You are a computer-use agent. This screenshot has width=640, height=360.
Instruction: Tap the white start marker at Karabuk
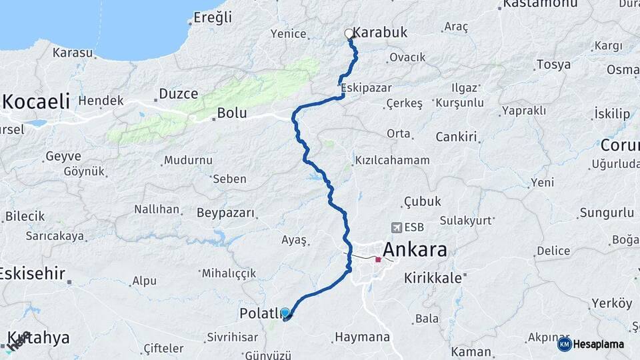(349, 33)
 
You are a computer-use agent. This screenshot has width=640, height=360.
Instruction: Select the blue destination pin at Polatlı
(285, 313)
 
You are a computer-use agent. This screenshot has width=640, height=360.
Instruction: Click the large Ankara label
(414, 250)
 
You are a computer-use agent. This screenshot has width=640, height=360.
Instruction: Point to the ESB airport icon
(397, 228)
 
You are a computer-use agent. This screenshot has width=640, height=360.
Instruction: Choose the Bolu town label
(232, 113)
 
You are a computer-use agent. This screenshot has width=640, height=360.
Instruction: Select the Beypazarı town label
(226, 213)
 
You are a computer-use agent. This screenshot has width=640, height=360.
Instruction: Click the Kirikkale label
(433, 279)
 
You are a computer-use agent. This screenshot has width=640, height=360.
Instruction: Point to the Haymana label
(363, 337)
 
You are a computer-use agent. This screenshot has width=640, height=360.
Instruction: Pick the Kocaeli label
(36, 101)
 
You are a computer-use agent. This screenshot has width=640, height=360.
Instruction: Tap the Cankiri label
(457, 137)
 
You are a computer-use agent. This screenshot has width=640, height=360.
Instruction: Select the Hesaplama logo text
(599, 344)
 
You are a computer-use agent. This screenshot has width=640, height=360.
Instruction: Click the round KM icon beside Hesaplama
(564, 344)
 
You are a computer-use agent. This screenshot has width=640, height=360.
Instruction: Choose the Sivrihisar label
(232, 337)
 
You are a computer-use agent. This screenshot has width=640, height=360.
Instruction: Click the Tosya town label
(553, 65)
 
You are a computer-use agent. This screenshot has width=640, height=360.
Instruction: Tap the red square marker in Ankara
(378, 260)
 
